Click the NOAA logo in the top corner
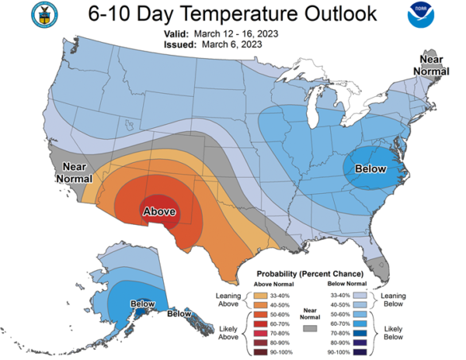(421, 16)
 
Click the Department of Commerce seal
(44, 15)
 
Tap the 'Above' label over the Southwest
(159, 211)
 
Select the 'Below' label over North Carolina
(370, 168)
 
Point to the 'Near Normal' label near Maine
(431, 65)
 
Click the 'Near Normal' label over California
(75, 173)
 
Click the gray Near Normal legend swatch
(310, 328)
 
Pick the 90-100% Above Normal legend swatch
(261, 352)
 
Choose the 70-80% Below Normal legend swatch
(360, 333)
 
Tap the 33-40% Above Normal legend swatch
(261, 296)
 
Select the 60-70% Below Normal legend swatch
(360, 324)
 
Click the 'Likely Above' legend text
(228, 333)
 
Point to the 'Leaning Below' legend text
(393, 299)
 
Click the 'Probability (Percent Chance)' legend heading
(310, 274)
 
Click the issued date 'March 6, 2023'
(231, 44)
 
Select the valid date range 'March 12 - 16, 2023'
(236, 34)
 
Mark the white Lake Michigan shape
(313, 106)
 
